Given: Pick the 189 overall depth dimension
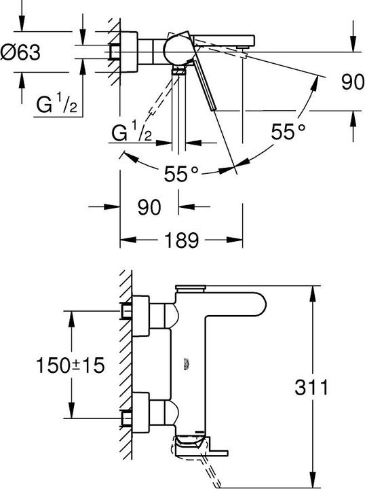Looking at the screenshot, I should coord(181,239).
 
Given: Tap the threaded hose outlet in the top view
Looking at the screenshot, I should coord(178,71).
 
